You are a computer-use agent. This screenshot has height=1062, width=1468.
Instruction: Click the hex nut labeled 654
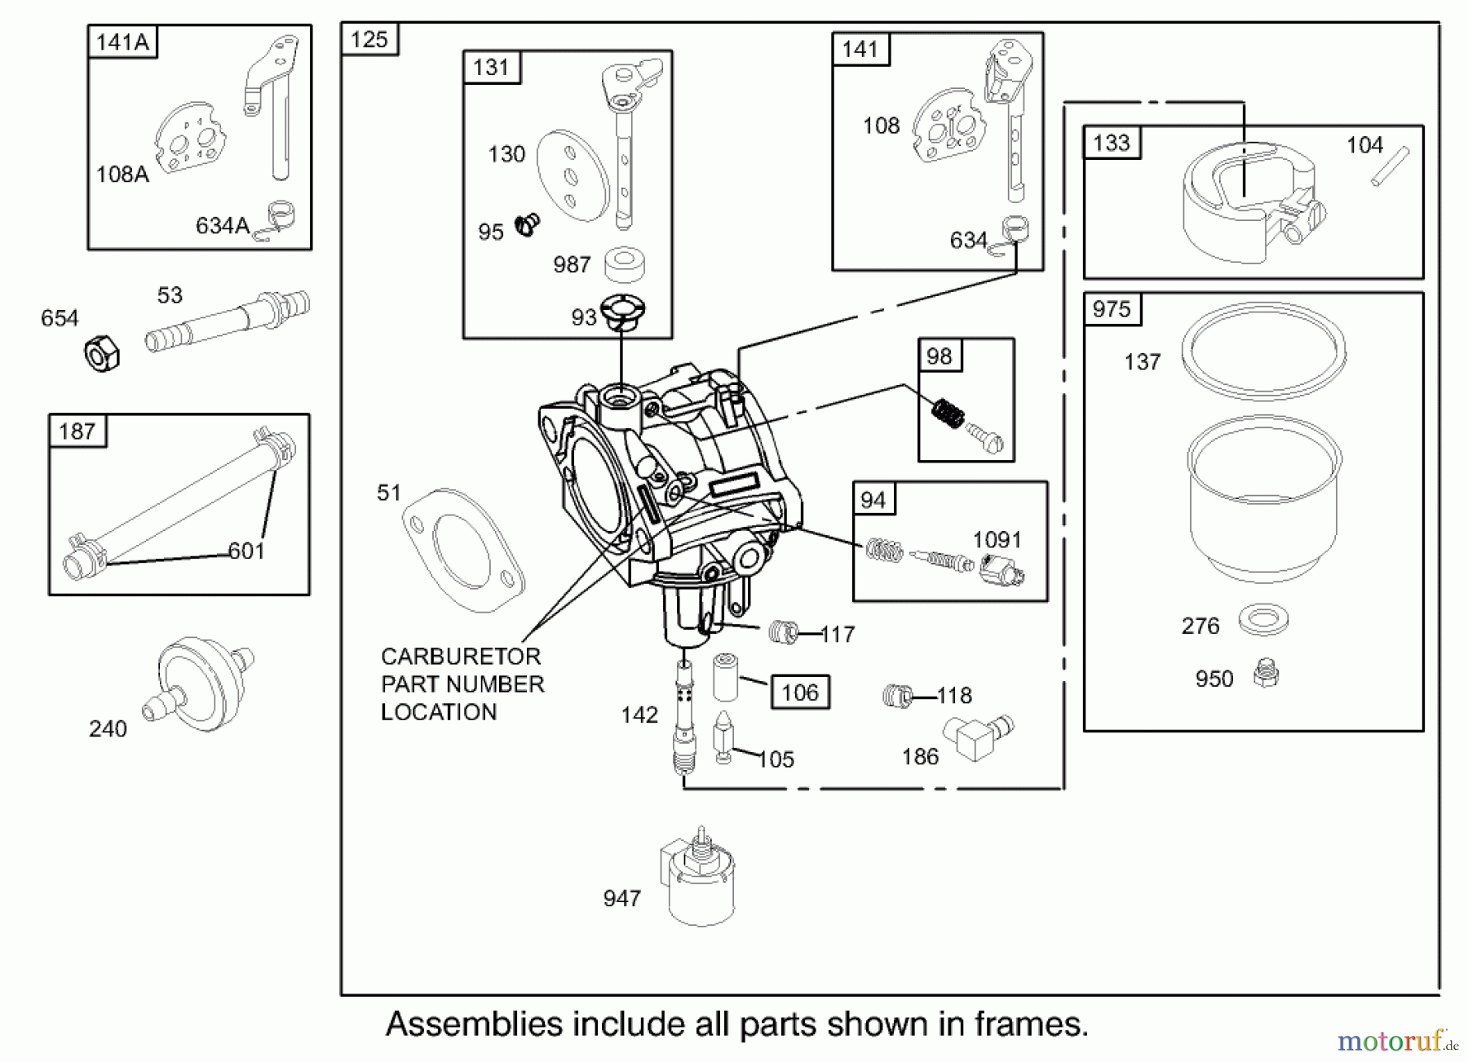coord(102,354)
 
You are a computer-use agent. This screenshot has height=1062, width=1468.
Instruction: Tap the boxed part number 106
coord(800,693)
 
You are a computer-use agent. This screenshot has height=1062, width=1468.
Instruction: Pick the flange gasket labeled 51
coord(462,549)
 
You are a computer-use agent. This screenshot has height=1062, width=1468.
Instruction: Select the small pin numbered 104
coord(1390,166)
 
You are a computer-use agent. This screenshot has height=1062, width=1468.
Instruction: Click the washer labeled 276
coord(1263,620)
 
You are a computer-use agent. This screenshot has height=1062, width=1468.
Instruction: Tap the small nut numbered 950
coord(1266,674)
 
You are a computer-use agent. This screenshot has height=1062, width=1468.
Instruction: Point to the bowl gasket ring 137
coord(1263,351)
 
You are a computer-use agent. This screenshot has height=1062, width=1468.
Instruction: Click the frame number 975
coord(1112,309)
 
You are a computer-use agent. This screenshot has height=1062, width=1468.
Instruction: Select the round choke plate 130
coord(573,175)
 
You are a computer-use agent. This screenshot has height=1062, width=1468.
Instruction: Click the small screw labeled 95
coord(528,224)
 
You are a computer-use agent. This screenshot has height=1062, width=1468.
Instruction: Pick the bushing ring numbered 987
coord(625,264)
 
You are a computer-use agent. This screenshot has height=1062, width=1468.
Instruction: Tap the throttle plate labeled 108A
coord(191,139)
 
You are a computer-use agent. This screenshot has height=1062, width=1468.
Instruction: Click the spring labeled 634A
coord(277,221)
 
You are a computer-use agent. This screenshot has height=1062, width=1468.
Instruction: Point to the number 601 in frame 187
coord(246,551)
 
